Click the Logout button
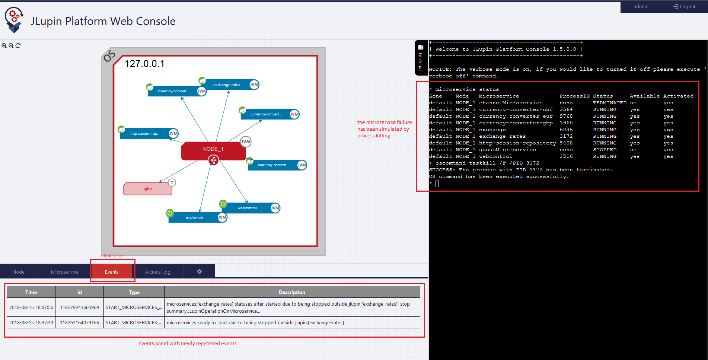coord(684,7)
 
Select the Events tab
coord(112,272)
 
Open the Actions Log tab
coord(158,272)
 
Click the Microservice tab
coord(65,272)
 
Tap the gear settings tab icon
coord(199,272)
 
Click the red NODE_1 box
coord(213,149)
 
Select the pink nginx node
coord(147,189)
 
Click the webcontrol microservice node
coord(247,208)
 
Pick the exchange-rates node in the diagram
coord(226,85)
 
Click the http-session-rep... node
coord(145,134)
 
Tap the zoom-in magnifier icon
coord(4,46)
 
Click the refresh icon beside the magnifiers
coord(18,46)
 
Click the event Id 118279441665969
coord(79,308)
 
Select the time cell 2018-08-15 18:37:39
coord(31,323)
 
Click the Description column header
coord(292,292)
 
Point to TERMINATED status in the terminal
coord(609,103)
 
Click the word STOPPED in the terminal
coord(605,150)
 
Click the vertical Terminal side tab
coord(421,58)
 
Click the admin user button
coord(640,7)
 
